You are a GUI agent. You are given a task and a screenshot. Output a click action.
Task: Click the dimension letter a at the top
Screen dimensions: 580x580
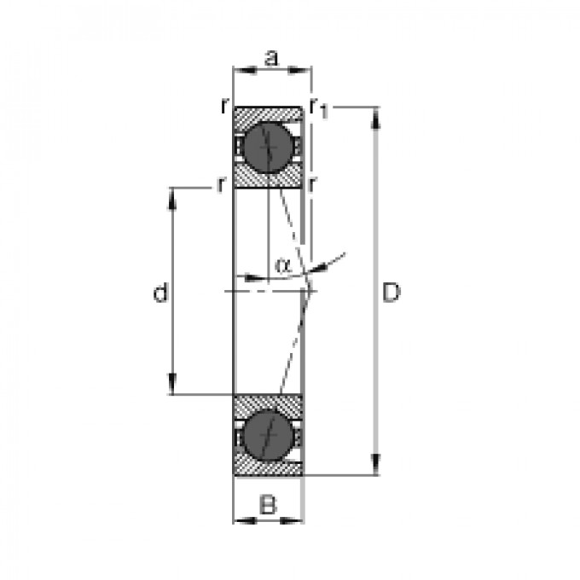[x=271, y=58]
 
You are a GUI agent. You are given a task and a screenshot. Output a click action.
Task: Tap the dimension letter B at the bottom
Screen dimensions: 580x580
[x=269, y=505]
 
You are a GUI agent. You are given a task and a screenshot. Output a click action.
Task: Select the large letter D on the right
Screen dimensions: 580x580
[x=390, y=293]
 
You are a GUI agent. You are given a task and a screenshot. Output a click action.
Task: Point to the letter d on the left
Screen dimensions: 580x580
[x=159, y=294]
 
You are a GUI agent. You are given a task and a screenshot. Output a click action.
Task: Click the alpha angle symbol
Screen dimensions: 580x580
[x=283, y=264]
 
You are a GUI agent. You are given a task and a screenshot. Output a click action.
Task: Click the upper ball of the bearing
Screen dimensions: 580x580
[x=269, y=147]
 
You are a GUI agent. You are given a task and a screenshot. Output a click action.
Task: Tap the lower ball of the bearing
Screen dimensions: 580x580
[x=269, y=437]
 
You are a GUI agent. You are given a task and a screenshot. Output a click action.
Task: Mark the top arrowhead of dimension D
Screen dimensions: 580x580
[x=377, y=116]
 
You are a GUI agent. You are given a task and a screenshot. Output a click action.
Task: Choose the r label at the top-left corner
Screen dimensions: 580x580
[x=223, y=106]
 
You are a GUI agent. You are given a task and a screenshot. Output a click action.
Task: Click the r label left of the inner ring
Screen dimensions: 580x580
[x=220, y=183]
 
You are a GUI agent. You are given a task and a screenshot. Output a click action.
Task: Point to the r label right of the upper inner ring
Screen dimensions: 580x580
[x=314, y=183]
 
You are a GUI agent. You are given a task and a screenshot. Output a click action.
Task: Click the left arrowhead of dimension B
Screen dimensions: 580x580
[x=240, y=519]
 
